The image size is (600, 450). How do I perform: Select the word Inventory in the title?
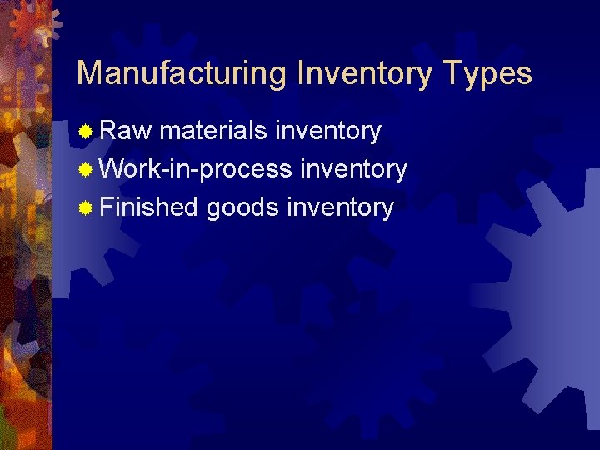click(x=365, y=74)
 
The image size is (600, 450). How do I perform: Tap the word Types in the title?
click(x=487, y=74)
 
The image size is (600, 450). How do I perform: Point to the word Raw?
click(x=126, y=131)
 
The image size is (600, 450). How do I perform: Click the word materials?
click(x=212, y=131)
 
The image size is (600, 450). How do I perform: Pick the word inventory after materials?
click(x=327, y=132)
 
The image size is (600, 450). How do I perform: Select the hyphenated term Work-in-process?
click(x=196, y=169)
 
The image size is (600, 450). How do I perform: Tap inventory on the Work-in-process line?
click(x=353, y=170)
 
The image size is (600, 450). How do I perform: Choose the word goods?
click(x=242, y=207)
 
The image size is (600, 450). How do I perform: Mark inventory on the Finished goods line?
click(x=340, y=207)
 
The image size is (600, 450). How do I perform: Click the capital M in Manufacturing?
click(x=88, y=74)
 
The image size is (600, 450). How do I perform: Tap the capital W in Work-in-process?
click(x=112, y=169)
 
